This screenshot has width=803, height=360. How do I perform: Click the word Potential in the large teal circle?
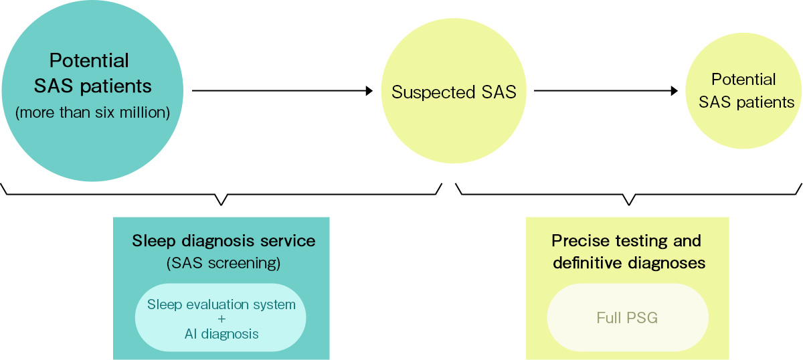point(89,60)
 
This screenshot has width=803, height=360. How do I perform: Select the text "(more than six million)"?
point(92,112)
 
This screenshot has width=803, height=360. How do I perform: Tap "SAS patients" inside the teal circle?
point(92,86)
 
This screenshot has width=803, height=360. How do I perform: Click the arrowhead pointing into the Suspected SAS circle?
point(369,91)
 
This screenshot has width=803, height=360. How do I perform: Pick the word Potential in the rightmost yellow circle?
point(743,80)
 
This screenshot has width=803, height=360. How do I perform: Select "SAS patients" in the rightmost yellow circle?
point(746,102)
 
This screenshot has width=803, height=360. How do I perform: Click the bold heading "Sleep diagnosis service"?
point(224,240)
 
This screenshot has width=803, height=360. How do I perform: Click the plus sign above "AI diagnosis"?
point(221,319)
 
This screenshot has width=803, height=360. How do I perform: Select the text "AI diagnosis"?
point(221,333)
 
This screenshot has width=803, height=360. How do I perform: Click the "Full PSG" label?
point(627,318)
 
